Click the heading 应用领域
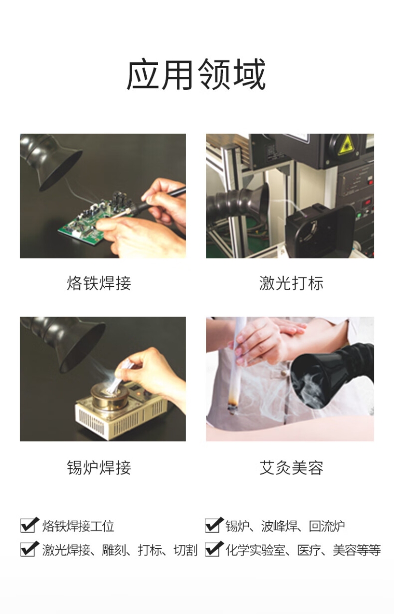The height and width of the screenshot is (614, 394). (x=196, y=75)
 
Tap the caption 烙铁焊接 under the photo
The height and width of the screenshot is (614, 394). (x=99, y=283)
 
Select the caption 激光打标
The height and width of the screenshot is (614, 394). (x=291, y=283)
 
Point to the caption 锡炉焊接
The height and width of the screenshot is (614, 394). (x=99, y=467)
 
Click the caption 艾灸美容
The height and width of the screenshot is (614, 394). (x=291, y=467)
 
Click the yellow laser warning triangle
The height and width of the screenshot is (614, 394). (x=346, y=145)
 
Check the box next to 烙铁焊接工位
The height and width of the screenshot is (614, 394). (x=30, y=525)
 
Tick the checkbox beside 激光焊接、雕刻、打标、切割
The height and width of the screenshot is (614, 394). (x=30, y=549)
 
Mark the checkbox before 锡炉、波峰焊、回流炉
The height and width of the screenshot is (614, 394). (x=214, y=525)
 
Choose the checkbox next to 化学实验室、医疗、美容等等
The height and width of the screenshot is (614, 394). (x=214, y=549)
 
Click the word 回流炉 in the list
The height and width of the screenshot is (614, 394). (x=327, y=526)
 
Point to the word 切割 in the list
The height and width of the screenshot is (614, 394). (x=186, y=550)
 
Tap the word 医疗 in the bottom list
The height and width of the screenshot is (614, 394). (x=309, y=550)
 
